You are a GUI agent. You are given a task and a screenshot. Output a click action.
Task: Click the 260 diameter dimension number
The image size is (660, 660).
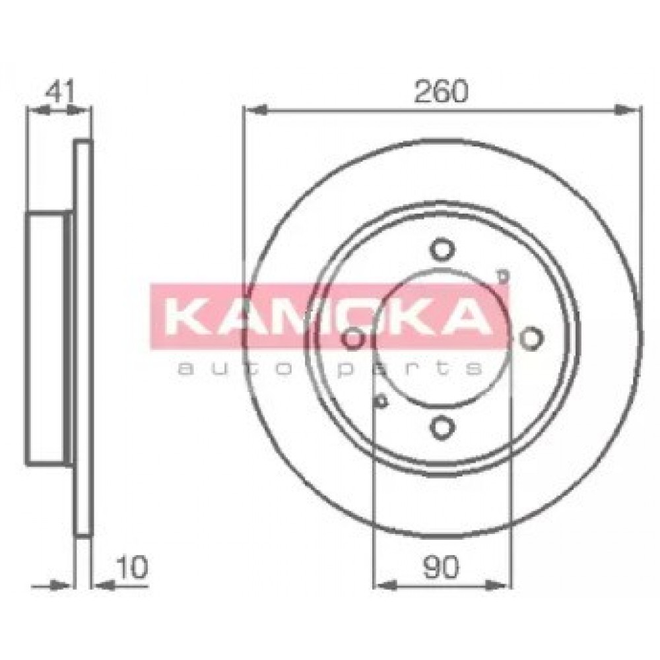441,91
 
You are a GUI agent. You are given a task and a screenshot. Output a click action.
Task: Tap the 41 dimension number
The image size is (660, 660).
60,91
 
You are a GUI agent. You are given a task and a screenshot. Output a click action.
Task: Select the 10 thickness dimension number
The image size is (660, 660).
132,567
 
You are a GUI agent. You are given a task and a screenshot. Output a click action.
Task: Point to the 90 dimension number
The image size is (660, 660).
441,567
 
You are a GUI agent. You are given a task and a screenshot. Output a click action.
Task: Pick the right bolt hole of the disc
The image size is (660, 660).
531,338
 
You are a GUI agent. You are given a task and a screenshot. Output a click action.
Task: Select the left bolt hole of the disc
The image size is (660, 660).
353,338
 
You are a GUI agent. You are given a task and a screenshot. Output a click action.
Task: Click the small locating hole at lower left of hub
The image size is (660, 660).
381,401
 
